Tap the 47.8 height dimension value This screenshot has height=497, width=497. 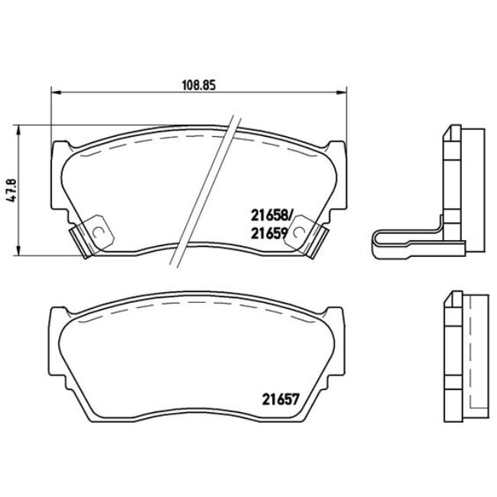(10, 189)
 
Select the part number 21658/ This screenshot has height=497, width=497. (271, 216)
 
